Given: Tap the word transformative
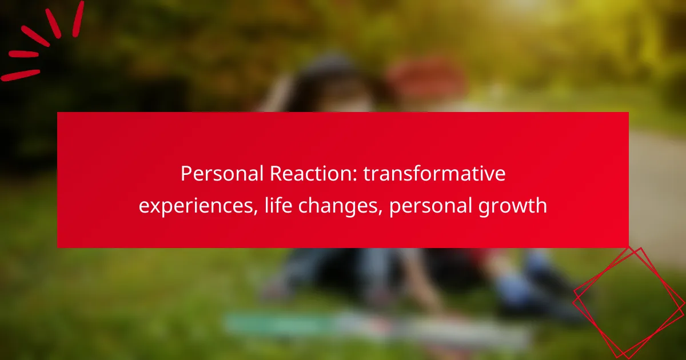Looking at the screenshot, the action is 434,174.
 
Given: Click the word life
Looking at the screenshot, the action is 278,205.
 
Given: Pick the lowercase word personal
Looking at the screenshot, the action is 430,206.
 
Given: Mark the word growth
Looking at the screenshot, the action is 513,206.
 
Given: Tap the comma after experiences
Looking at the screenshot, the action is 256,212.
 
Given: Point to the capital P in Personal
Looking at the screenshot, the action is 186,174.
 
